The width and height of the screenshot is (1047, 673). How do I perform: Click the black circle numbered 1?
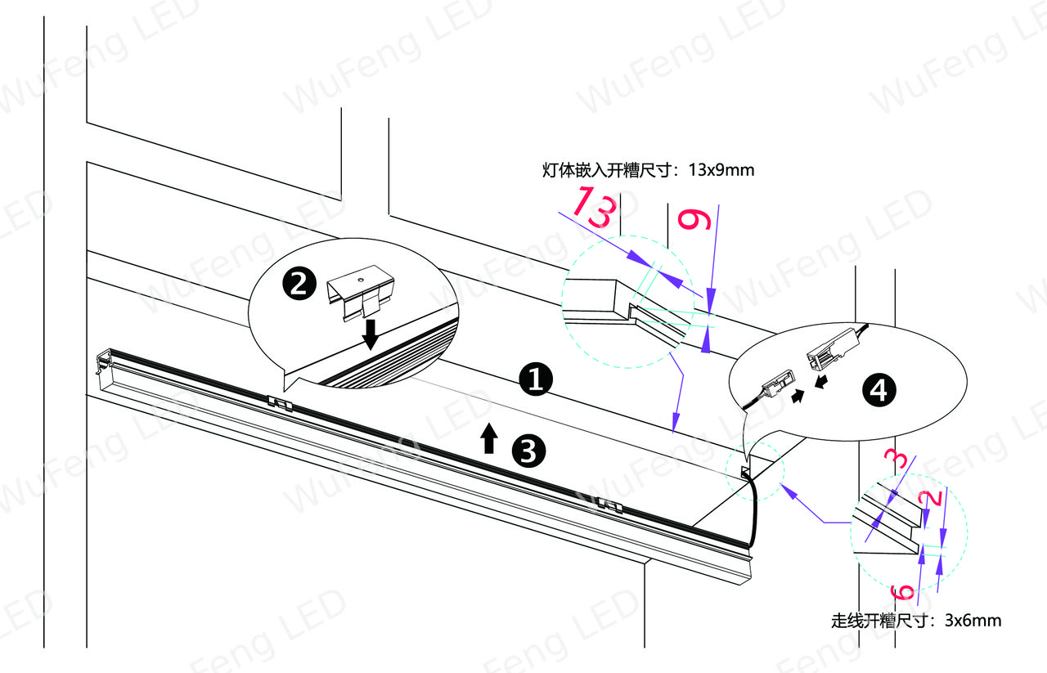(x=536, y=379)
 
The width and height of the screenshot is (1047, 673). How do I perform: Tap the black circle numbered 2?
(x=299, y=284)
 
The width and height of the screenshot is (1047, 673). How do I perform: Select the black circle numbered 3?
(x=528, y=451)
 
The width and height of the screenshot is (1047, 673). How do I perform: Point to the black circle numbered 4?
(x=878, y=390)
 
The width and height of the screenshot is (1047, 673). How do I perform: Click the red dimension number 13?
(x=595, y=207)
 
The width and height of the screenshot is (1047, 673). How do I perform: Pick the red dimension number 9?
(x=694, y=220)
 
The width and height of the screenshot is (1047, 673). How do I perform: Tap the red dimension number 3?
(x=898, y=459)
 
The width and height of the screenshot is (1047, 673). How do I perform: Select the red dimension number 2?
(x=931, y=498)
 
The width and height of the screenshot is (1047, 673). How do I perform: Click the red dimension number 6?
(x=902, y=593)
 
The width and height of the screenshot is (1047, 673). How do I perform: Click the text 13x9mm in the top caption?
(x=721, y=170)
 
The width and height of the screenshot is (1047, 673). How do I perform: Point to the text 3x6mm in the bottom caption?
(x=973, y=620)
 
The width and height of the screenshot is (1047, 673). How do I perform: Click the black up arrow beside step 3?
(x=489, y=438)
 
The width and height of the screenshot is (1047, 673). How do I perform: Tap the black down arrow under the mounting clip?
(x=371, y=334)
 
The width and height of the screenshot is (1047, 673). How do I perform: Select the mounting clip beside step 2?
(x=361, y=292)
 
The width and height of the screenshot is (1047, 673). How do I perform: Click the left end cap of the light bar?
(x=103, y=361)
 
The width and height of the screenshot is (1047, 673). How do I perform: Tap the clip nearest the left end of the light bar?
(x=280, y=403)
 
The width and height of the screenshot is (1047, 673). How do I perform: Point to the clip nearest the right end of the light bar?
(x=610, y=505)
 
